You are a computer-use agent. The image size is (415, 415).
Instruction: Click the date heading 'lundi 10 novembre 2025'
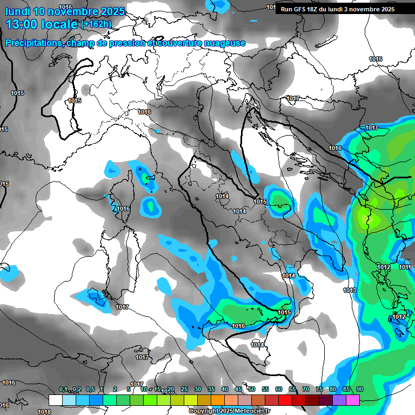coord(65,11)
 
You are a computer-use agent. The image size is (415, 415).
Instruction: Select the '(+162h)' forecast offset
coord(96,24)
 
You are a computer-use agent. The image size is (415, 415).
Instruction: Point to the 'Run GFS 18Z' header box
coord(337,9)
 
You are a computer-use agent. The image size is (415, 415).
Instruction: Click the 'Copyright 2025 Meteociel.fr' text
coord(229,411)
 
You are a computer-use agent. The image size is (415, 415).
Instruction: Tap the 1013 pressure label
coord(350,290)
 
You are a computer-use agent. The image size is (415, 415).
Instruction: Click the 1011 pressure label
coord(405,267)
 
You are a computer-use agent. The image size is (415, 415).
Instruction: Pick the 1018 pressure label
coord(45,411)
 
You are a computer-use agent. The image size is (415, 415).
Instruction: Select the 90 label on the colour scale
coord(360,390)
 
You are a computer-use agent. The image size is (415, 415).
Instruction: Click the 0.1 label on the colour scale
coord(63,390)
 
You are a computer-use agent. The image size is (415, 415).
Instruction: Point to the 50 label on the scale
coord(252,390)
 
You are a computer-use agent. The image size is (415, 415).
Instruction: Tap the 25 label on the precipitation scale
coord(184,390)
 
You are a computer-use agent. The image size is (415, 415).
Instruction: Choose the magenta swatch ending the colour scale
coord(353,400)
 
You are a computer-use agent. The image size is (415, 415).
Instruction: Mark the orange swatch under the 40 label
coord(218,400)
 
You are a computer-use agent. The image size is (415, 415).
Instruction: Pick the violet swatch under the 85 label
coord(339,400)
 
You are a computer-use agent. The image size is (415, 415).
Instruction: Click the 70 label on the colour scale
coord(306,390)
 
